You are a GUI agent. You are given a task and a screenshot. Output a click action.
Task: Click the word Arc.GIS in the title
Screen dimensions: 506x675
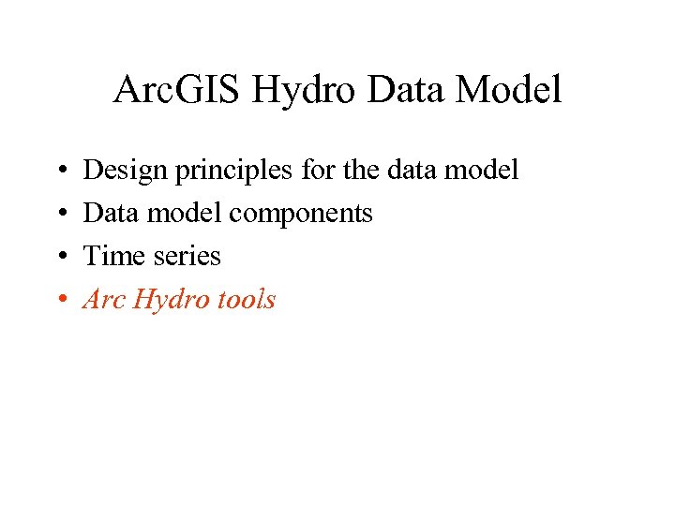click(172, 91)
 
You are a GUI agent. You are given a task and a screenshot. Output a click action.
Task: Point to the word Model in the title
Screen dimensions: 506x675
click(514, 91)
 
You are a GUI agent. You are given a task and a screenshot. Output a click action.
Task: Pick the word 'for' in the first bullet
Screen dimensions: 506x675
click(298, 171)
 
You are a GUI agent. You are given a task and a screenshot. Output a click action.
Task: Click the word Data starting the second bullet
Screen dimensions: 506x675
click(106, 214)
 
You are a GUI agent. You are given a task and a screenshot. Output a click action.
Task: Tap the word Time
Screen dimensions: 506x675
click(109, 257)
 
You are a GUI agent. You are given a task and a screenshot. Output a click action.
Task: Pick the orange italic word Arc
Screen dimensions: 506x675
click(105, 300)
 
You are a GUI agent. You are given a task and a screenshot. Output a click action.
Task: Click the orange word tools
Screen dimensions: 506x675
click(247, 300)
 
